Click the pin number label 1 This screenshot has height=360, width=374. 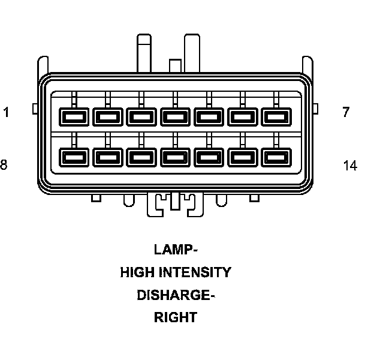[x=6, y=112]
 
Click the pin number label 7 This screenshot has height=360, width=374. [x=346, y=112]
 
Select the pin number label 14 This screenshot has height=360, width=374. [x=350, y=165]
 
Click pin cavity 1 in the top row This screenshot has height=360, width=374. [x=74, y=115]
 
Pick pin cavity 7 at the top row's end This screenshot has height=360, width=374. [x=276, y=115]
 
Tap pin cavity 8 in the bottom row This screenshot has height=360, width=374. [x=74, y=158]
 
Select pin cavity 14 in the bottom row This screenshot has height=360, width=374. [x=276, y=158]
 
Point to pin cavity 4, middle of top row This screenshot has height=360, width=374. [x=175, y=115]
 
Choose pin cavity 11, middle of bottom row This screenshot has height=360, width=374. [x=175, y=158]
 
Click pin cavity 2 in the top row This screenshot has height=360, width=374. [x=108, y=115]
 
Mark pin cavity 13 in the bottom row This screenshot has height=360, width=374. [x=242, y=158]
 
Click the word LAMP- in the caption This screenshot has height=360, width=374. [x=176, y=249]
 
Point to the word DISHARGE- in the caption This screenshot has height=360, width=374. [x=176, y=295]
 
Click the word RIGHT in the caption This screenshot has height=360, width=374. [x=176, y=318]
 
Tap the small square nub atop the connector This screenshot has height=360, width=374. [x=175, y=65]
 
